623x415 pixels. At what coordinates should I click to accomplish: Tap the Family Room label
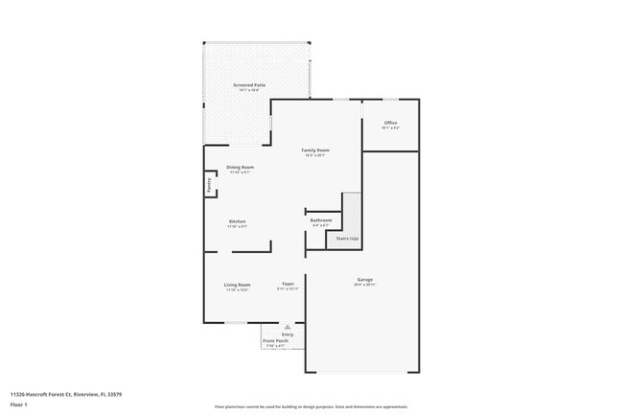(x=315, y=150)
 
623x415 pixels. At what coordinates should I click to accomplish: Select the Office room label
(x=390, y=123)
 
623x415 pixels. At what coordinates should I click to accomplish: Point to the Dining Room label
(x=240, y=168)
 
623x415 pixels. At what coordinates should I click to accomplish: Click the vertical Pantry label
(x=209, y=185)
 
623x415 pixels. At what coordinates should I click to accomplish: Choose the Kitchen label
(x=237, y=222)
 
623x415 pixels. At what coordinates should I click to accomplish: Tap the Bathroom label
(x=320, y=220)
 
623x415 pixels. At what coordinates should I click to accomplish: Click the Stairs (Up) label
(x=346, y=239)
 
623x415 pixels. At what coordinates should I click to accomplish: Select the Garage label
(x=365, y=280)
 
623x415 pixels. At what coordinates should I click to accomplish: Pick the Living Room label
(x=238, y=285)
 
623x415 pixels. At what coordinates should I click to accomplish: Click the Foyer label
(x=288, y=285)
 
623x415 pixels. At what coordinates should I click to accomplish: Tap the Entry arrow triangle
(x=286, y=326)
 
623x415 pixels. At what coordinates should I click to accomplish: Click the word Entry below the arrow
(x=287, y=334)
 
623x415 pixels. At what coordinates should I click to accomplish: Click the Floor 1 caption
(x=19, y=403)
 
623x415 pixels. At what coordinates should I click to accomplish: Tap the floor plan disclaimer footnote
(x=311, y=406)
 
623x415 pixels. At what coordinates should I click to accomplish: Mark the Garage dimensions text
(x=365, y=285)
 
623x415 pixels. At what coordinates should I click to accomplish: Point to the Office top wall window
(x=390, y=99)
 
